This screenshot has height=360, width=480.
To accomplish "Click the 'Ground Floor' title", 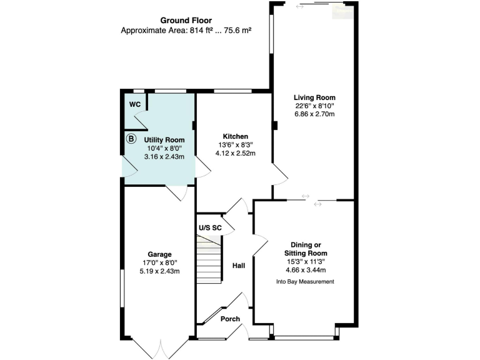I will [x=186, y=20].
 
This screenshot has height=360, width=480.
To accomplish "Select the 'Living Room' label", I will [x=315, y=97].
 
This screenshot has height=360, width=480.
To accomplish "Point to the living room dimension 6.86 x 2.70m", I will [x=315, y=115].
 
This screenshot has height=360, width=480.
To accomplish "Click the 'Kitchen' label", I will [x=236, y=136].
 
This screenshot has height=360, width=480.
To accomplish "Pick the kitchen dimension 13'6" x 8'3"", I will [x=236, y=144].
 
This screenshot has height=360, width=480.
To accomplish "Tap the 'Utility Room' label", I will [x=164, y=139].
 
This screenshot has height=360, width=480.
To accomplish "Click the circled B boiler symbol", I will [x=131, y=139].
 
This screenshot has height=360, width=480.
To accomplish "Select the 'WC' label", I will [x=134, y=104].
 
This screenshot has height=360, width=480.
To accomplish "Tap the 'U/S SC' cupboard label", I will [x=209, y=227].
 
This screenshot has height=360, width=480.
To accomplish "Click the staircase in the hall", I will [x=209, y=262].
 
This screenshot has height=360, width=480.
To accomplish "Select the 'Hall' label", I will [x=238, y=266].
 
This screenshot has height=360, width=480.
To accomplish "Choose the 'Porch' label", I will [x=230, y=319].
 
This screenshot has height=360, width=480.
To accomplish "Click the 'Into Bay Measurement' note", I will [x=305, y=282].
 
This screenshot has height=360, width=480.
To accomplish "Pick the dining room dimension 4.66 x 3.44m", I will [x=305, y=270].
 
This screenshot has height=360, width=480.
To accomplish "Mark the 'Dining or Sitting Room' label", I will [x=305, y=248].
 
